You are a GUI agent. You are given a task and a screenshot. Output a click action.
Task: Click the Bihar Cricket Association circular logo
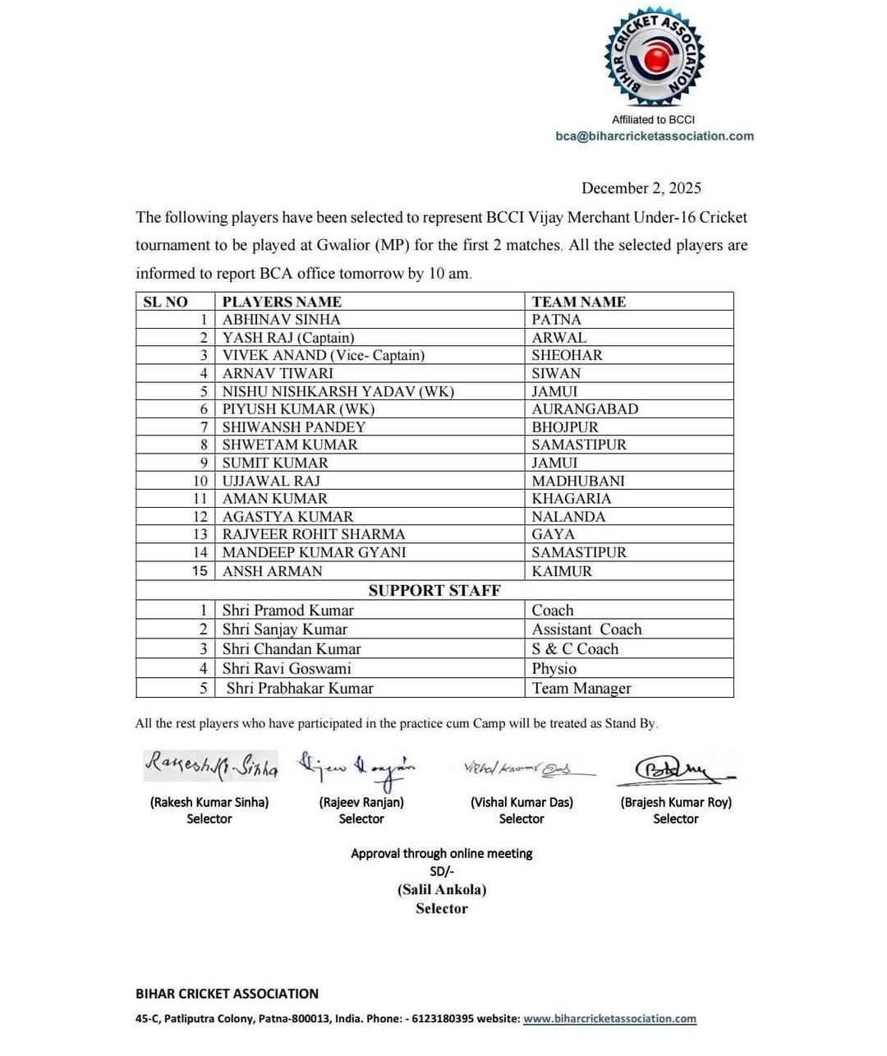click(654, 58)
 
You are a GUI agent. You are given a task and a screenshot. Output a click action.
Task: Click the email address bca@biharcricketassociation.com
click(654, 136)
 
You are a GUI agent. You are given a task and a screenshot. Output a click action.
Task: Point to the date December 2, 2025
click(641, 188)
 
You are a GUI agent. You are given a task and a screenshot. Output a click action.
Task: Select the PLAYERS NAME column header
click(282, 302)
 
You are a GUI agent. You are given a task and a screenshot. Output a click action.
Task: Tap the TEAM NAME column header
click(578, 302)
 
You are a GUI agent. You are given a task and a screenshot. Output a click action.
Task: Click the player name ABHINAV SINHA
click(281, 320)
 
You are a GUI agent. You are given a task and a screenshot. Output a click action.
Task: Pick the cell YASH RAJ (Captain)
click(288, 338)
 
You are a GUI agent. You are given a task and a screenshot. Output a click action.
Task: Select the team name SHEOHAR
click(567, 355)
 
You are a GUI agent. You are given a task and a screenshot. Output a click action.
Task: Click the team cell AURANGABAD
click(585, 409)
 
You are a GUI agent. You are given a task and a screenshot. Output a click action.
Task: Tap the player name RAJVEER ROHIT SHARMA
click(314, 534)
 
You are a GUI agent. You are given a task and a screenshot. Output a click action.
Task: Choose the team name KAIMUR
click(562, 571)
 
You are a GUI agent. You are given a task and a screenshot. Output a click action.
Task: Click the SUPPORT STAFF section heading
click(434, 591)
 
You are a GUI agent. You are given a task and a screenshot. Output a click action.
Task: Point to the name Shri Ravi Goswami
click(287, 669)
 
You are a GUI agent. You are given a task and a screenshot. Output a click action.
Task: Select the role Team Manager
click(581, 689)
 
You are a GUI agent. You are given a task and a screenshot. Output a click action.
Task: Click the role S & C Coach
click(575, 649)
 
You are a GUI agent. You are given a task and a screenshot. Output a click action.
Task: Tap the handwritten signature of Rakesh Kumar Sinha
click(211, 766)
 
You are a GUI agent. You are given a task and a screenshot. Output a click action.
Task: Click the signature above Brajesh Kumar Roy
click(676, 771)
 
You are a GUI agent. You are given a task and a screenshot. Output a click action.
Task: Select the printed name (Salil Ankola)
click(442, 890)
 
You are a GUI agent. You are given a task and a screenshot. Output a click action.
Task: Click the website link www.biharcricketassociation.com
click(609, 1019)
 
